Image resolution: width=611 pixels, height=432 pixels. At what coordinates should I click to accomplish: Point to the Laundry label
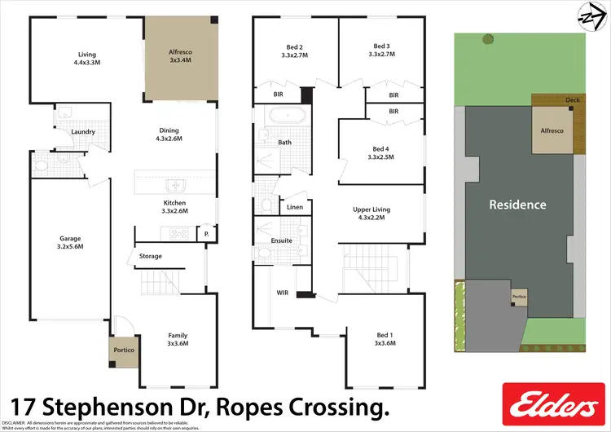tap(83, 132)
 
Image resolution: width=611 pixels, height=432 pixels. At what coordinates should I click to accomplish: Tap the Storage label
tap(151, 256)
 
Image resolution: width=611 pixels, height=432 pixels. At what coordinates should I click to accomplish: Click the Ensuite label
tap(282, 241)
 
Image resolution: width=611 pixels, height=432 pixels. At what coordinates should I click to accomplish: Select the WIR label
tap(283, 292)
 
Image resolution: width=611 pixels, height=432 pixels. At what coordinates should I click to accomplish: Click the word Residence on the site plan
tap(517, 205)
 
